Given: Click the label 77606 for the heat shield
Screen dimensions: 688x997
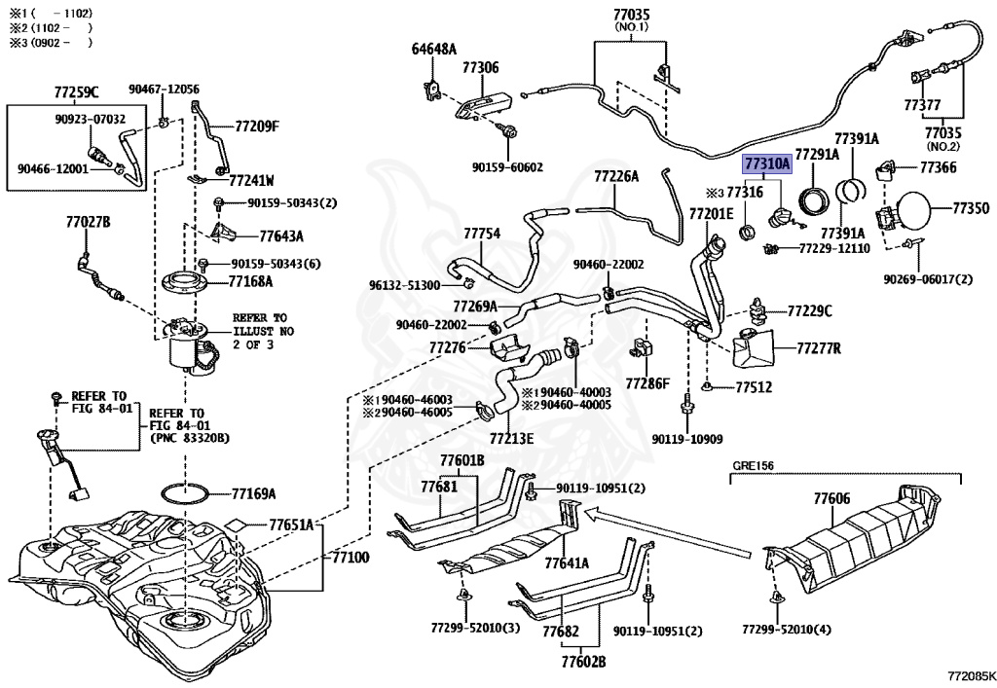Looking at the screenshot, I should (x=831, y=499).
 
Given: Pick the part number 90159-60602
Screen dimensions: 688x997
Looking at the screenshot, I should (x=507, y=166).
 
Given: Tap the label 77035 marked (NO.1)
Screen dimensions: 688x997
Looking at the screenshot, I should (x=631, y=16).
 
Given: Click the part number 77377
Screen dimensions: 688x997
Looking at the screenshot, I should (x=921, y=104).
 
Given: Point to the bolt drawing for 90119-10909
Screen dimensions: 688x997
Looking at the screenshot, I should (x=687, y=404).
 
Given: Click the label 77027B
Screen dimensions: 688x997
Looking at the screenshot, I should (x=88, y=223).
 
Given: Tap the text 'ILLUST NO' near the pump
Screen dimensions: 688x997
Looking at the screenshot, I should (x=263, y=331).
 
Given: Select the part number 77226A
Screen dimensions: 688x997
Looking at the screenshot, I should (x=616, y=176).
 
